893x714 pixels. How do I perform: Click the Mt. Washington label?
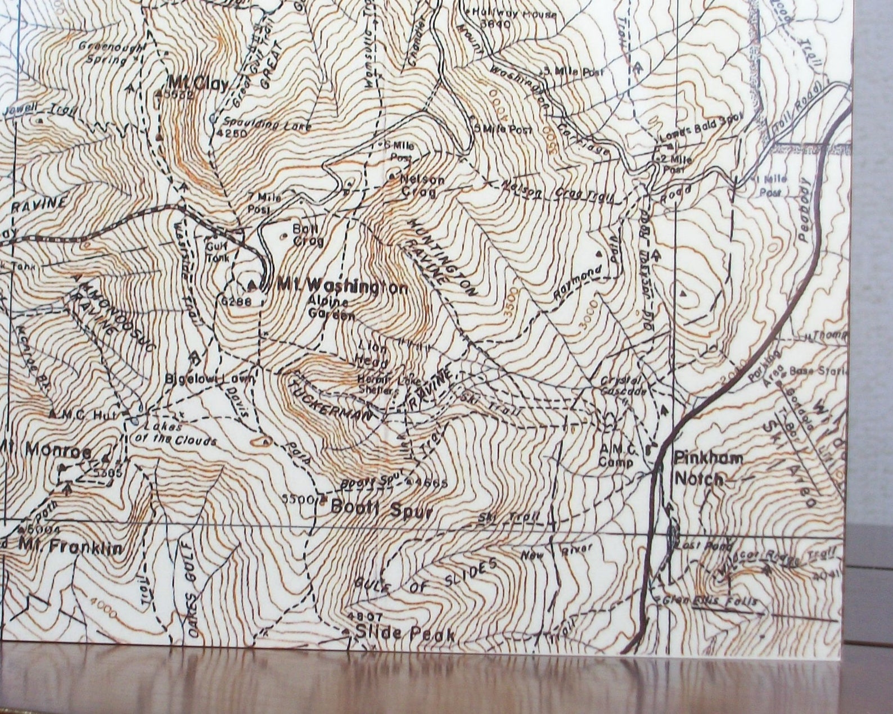click(341, 287)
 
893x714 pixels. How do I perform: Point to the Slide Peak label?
click(405, 635)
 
